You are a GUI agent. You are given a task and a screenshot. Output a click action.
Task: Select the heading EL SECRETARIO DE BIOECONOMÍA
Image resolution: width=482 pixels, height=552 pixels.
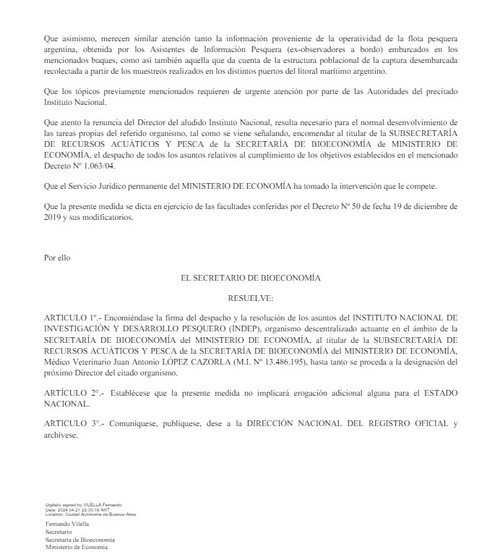click(251, 277)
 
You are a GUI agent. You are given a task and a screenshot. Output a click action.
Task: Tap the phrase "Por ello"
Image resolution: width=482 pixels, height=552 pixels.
click(57, 257)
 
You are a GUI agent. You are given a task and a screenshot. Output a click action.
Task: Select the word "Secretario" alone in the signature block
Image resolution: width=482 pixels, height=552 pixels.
click(59, 532)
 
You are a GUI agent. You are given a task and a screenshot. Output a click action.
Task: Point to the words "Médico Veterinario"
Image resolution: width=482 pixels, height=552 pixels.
click(78, 362)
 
